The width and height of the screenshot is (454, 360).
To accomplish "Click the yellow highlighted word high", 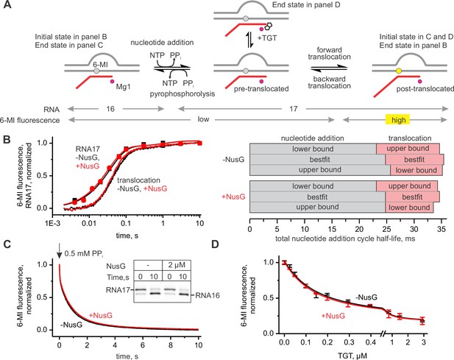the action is click(x=398, y=120).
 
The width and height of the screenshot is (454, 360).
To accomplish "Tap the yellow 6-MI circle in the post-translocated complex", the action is click(x=398, y=71).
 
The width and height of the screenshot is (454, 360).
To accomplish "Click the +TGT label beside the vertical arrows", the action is click(x=266, y=38).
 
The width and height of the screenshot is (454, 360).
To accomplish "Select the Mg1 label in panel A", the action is click(x=123, y=87).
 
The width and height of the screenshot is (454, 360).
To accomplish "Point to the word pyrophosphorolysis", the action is click(x=182, y=93).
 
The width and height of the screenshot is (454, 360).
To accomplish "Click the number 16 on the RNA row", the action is click(x=110, y=109).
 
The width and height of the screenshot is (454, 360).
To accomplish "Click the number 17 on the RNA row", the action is click(x=294, y=109).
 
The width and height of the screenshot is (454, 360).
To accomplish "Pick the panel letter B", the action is click(x=7, y=139).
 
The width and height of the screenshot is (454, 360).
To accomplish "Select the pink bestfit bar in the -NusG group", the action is click(x=414, y=159).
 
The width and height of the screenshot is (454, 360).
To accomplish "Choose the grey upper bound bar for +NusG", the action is click(x=317, y=207).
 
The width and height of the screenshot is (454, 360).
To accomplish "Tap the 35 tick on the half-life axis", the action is click(x=441, y=229).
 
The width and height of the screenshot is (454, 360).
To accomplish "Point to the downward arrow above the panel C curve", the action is click(x=60, y=251).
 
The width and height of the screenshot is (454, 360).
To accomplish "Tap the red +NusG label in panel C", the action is click(x=101, y=315).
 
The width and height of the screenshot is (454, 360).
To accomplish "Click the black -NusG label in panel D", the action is click(x=367, y=297).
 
